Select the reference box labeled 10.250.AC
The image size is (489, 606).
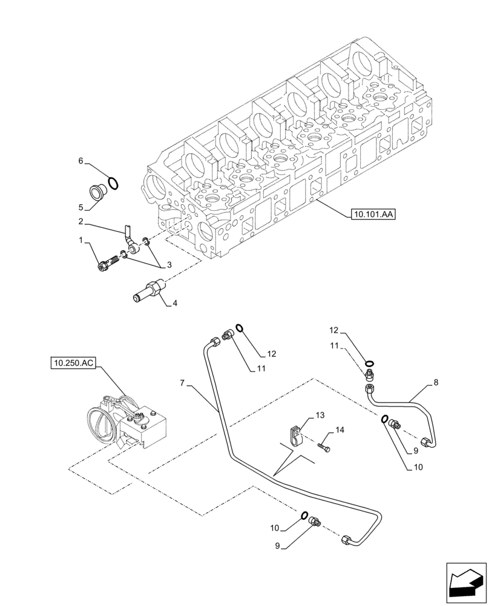(x=73, y=364)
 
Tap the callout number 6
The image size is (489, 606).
(x=80, y=161)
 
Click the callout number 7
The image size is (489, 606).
(x=183, y=384)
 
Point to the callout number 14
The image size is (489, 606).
(x=340, y=430)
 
